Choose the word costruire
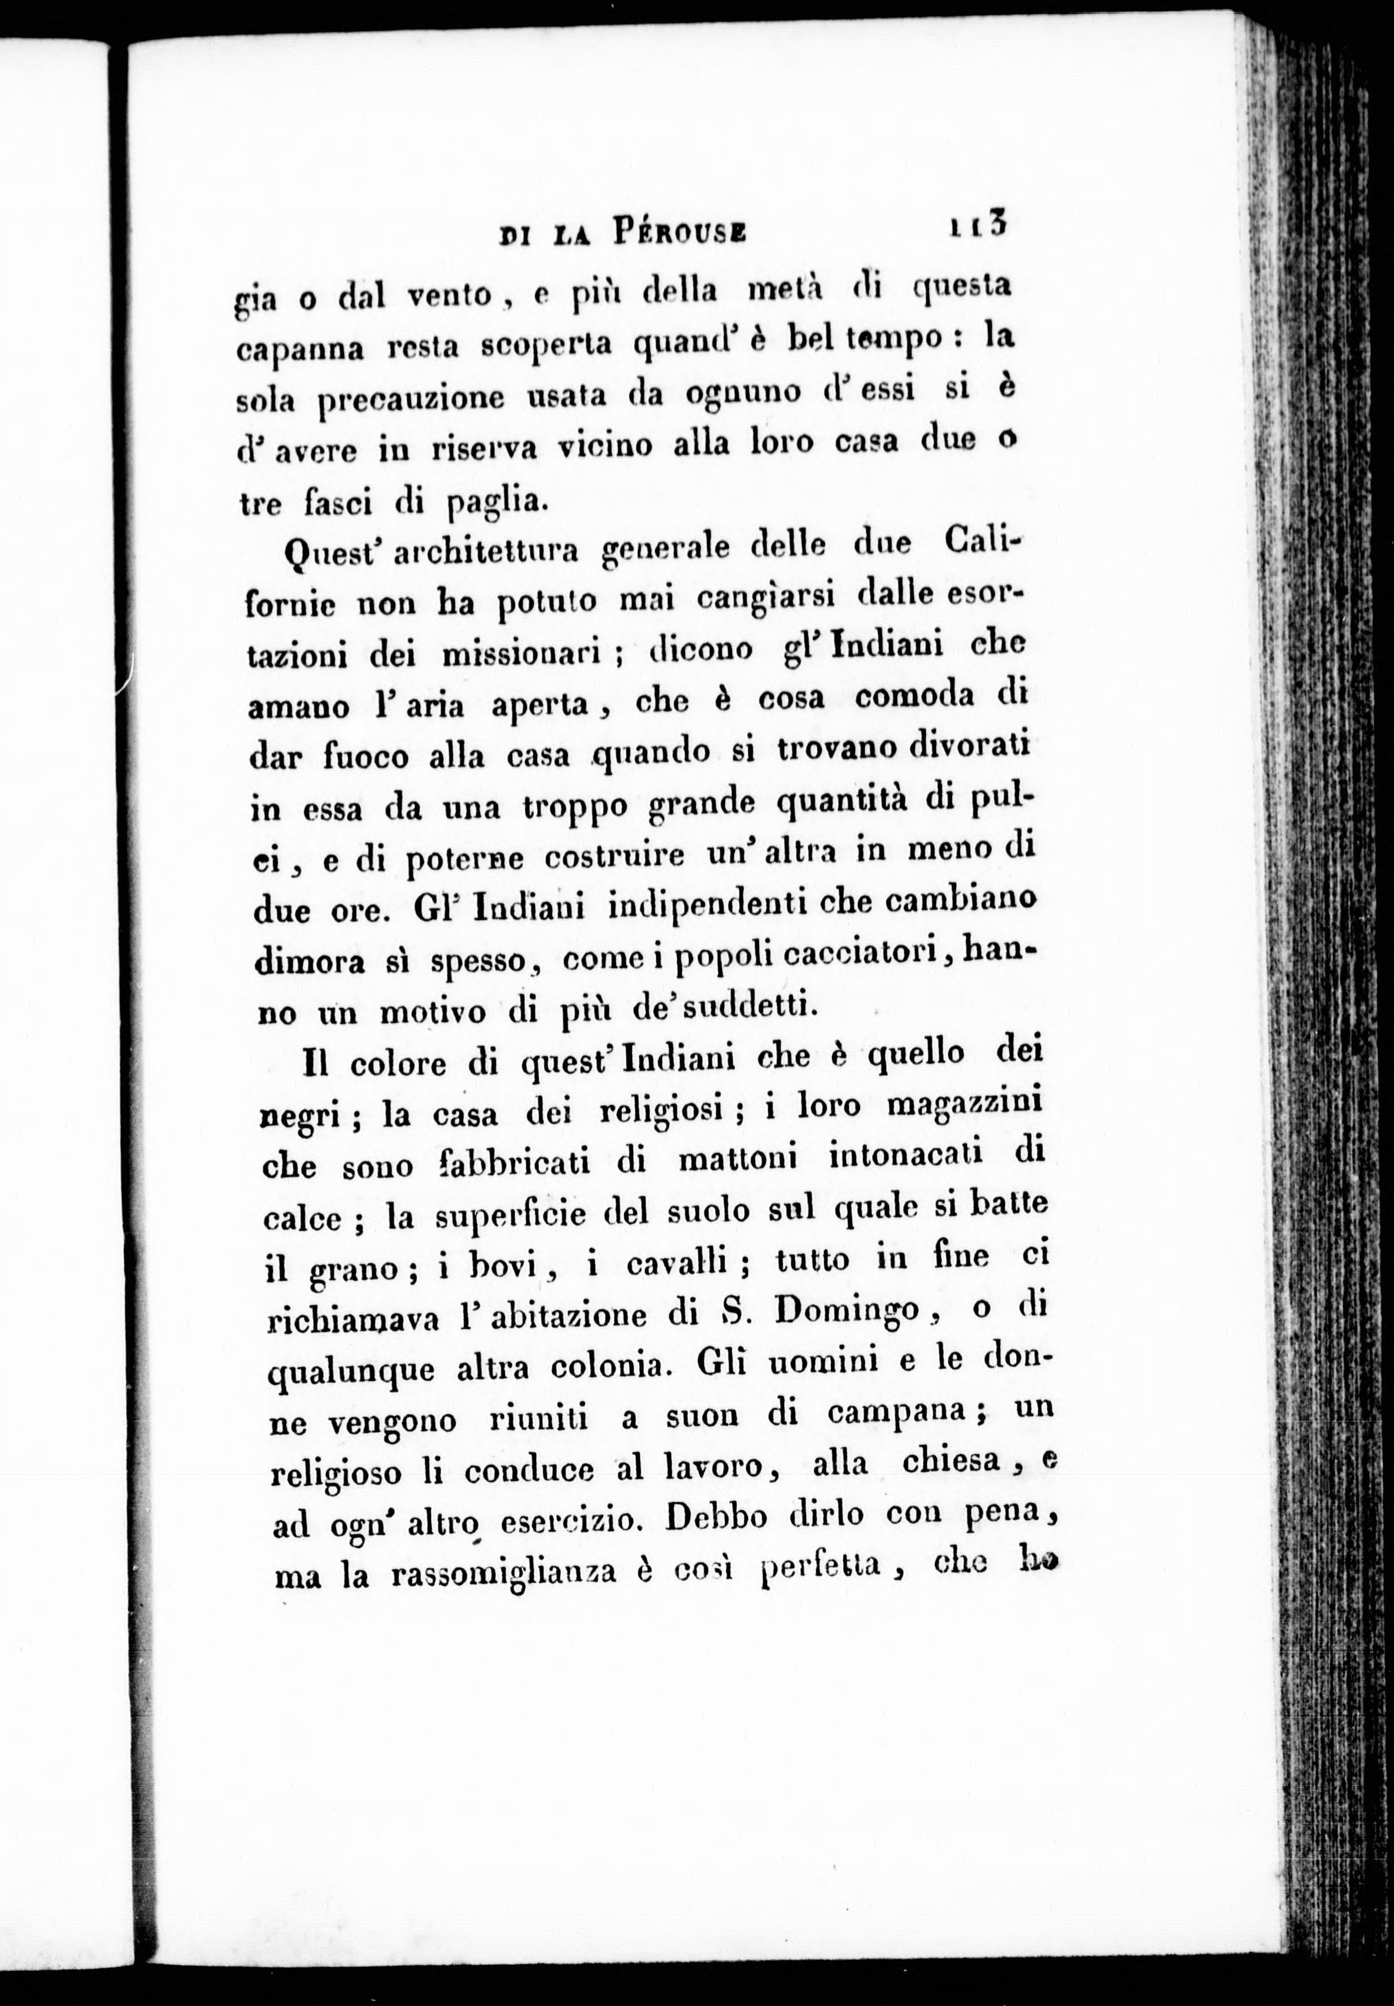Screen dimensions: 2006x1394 tap(616, 858)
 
